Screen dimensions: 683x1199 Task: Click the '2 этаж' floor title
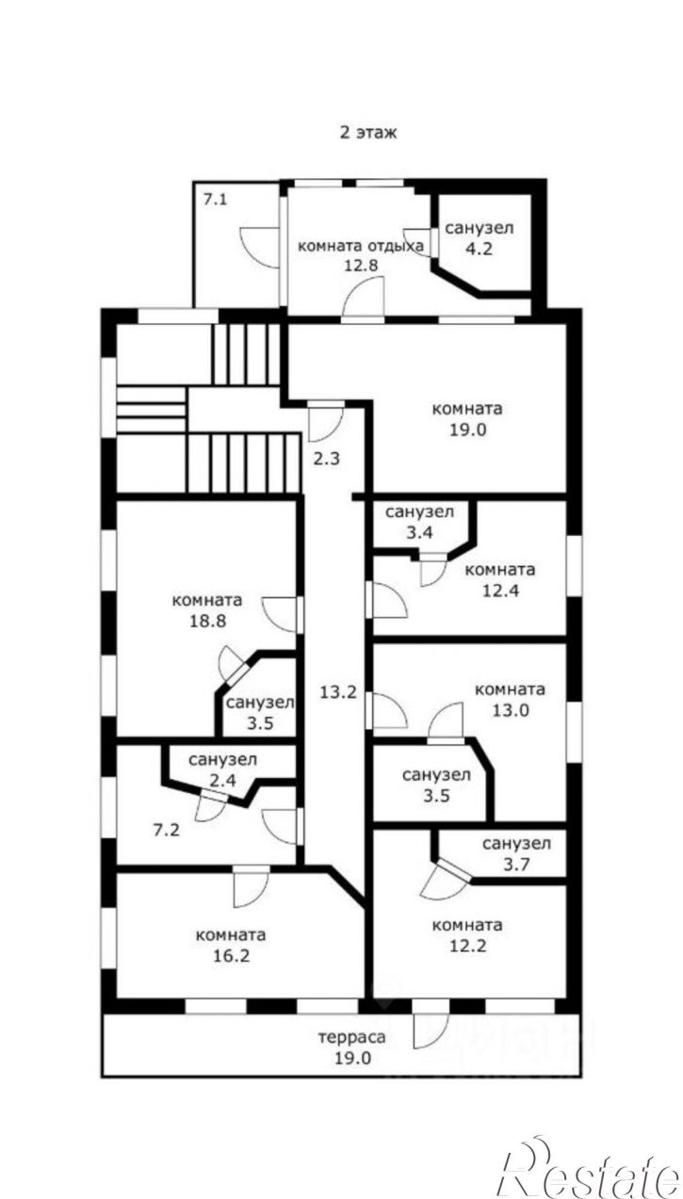pyautogui.click(x=368, y=132)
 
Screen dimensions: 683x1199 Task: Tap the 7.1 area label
pyautogui.click(x=215, y=200)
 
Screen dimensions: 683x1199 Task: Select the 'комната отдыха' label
pyautogui.click(x=360, y=246)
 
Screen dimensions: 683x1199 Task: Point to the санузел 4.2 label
pyautogui.click(x=480, y=238)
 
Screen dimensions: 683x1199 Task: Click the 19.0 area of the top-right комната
pyautogui.click(x=467, y=429)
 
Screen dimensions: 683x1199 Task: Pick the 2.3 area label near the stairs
pyautogui.click(x=327, y=459)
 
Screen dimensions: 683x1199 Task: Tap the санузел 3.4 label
pyautogui.click(x=419, y=522)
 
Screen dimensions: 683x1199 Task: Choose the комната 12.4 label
pyautogui.click(x=500, y=579)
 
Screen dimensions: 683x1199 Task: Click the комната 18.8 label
pyautogui.click(x=207, y=610)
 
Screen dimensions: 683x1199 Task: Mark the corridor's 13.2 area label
pyautogui.click(x=338, y=692)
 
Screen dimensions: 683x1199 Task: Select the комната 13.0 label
pyautogui.click(x=510, y=700)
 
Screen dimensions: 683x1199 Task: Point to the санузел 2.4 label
pyautogui.click(x=222, y=770)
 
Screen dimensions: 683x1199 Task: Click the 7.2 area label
pyautogui.click(x=167, y=830)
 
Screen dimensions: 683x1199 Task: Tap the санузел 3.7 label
pyautogui.click(x=516, y=853)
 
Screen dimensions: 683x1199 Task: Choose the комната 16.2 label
pyautogui.click(x=231, y=945)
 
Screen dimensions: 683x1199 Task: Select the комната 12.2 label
pyautogui.click(x=467, y=935)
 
